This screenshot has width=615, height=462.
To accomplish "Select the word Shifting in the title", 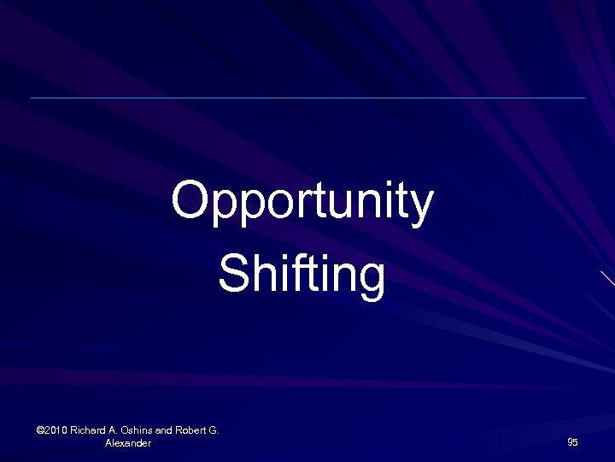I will [x=302, y=274].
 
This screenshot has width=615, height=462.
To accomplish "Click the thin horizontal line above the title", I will [x=307, y=98].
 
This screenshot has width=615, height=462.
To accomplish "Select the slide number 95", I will [x=572, y=442].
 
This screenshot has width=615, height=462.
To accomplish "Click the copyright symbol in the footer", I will [x=41, y=430].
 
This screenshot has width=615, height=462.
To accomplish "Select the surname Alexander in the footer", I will [x=127, y=443].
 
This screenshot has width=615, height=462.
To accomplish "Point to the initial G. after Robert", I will [x=214, y=430].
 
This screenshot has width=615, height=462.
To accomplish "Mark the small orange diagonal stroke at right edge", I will [x=607, y=279].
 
